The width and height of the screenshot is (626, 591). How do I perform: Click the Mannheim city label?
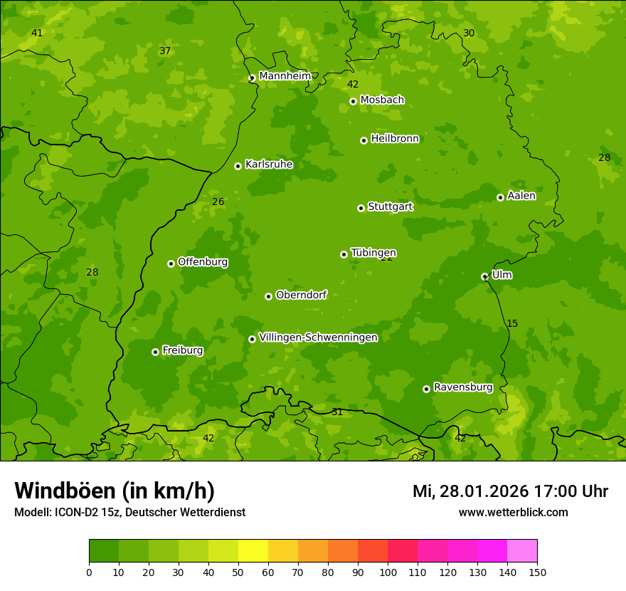285,75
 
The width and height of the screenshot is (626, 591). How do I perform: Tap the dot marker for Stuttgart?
361,208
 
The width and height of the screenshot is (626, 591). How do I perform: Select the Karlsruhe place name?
269,164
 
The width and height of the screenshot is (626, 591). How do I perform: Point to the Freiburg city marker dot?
155,352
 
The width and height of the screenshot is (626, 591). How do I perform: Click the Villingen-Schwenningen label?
318,338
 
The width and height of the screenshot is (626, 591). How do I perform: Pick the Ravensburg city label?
463,387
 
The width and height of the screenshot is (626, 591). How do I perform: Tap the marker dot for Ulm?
484,276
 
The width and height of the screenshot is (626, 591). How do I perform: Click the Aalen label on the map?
521,196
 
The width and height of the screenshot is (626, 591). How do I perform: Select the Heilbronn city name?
395,139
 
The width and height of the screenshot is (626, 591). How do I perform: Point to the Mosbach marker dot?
353,101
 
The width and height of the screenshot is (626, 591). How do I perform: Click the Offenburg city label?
203,262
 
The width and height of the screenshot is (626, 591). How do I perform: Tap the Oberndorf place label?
301,295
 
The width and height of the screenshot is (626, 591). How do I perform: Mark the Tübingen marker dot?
344,254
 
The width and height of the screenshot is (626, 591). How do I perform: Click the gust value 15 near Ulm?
512,324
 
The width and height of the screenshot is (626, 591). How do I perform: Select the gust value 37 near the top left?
165,51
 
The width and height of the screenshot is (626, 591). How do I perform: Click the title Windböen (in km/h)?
115,491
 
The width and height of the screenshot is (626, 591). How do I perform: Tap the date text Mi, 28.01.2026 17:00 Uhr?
510,491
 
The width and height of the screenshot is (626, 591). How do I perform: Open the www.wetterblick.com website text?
513,512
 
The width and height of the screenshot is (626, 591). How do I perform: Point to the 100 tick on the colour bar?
388,572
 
